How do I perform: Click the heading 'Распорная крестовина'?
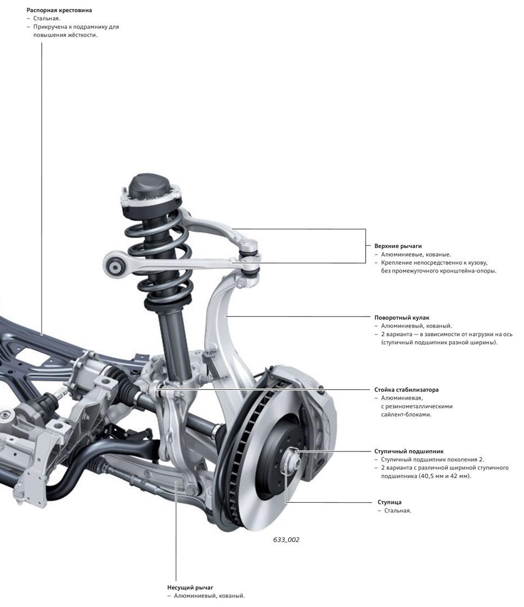[x=59, y=10]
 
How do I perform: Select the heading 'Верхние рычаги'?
[x=398, y=246]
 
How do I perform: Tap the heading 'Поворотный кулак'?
[x=402, y=318]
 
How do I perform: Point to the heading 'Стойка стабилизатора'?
[x=406, y=389]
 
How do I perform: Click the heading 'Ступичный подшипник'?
[x=409, y=451]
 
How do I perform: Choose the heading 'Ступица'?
[x=389, y=502]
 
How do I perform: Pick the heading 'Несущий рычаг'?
[x=190, y=588]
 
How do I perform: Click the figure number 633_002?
[x=286, y=540]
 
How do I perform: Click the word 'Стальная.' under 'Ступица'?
[x=397, y=510]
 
